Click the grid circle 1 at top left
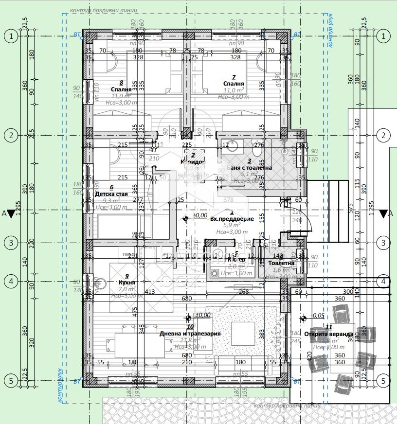[x=10, y=35]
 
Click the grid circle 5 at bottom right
[x=383, y=381]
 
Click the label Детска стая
[x=111, y=194]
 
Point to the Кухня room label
[x=126, y=282]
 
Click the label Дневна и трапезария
[x=190, y=334]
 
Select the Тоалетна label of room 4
[x=281, y=263]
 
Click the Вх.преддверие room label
[x=232, y=219]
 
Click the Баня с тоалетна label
[x=250, y=167]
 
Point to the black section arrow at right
[x=383, y=213]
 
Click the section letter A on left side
[x=4, y=213]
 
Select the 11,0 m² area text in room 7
[x=233, y=90]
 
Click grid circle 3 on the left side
[x=10, y=242]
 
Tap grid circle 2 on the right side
[x=383, y=136]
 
